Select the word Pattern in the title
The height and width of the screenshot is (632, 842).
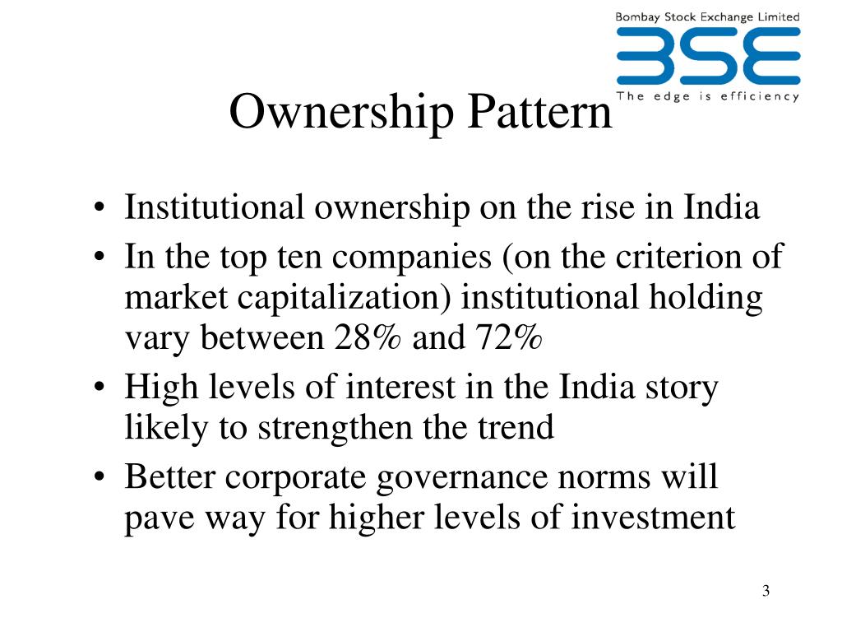pyautogui.click(x=540, y=112)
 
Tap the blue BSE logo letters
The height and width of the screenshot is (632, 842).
pyautogui.click(x=708, y=57)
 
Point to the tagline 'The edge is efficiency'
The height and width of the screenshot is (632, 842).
pyautogui.click(x=708, y=96)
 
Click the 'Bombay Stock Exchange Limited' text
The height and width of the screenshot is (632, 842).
pyautogui.click(x=708, y=16)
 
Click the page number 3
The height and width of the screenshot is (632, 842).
pyautogui.click(x=766, y=591)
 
